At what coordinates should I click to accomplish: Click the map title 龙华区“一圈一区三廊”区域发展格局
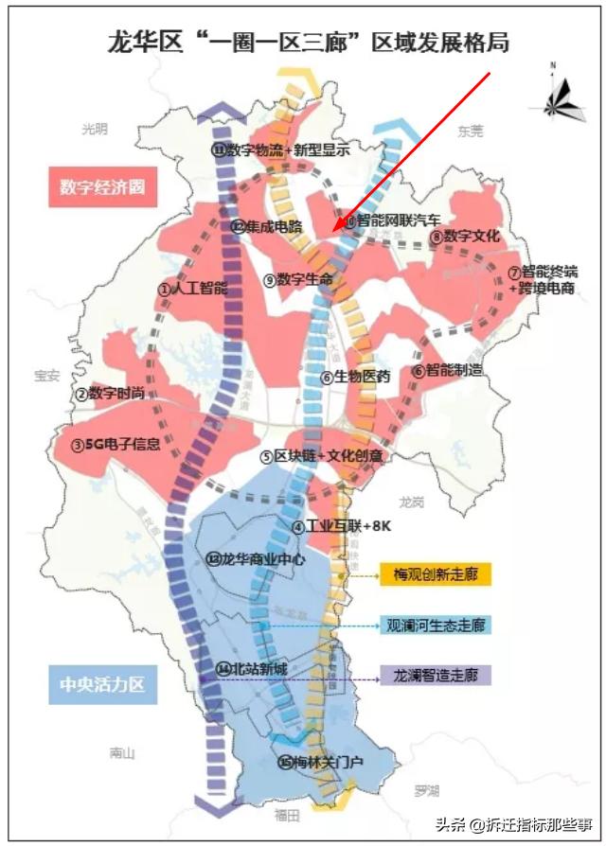(308, 42)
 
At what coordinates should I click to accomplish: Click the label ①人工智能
(193, 288)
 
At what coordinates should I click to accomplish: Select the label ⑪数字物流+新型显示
(280, 150)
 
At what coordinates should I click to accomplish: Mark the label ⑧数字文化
(463, 237)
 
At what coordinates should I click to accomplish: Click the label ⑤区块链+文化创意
(322, 456)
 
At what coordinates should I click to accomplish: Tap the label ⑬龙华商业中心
(256, 559)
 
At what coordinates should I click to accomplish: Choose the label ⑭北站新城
(251, 668)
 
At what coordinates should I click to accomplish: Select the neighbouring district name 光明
(95, 129)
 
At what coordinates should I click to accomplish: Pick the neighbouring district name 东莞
(470, 131)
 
